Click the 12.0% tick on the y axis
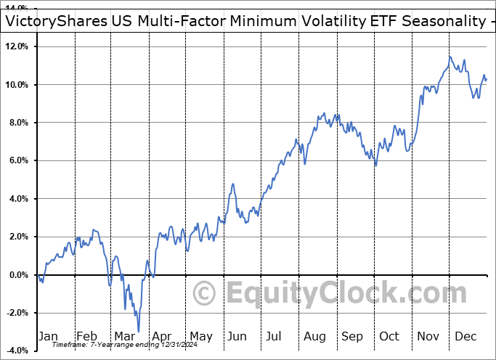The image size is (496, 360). [x=16, y=46]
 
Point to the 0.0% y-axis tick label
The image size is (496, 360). [x=18, y=275]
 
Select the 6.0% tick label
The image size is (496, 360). [x=18, y=160]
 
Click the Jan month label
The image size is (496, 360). [x=49, y=336]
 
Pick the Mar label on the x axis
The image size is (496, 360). [x=124, y=336]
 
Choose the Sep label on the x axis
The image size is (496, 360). [x=352, y=336]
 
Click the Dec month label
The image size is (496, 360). [x=466, y=336]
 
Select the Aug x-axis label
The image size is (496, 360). [x=314, y=336]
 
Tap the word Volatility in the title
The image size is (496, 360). [x=330, y=22]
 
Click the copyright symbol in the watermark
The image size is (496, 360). [x=206, y=294]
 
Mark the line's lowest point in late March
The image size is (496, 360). [x=138, y=332]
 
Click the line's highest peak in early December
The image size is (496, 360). [x=450, y=57]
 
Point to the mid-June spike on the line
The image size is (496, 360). [x=233, y=184]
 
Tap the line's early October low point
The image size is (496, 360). [x=375, y=165]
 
